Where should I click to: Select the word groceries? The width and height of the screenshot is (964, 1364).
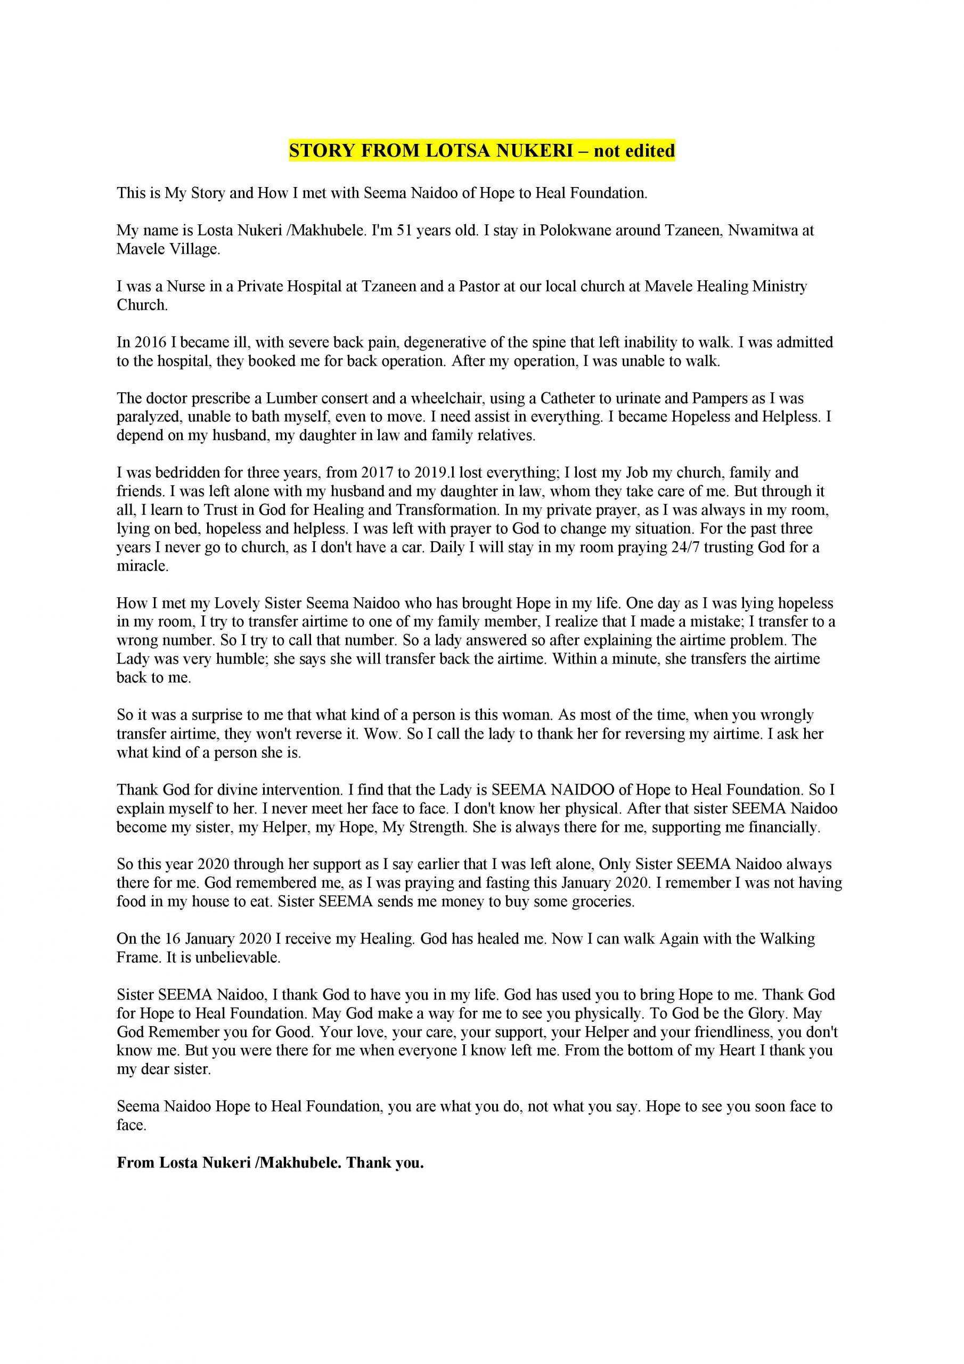click(x=602, y=901)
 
